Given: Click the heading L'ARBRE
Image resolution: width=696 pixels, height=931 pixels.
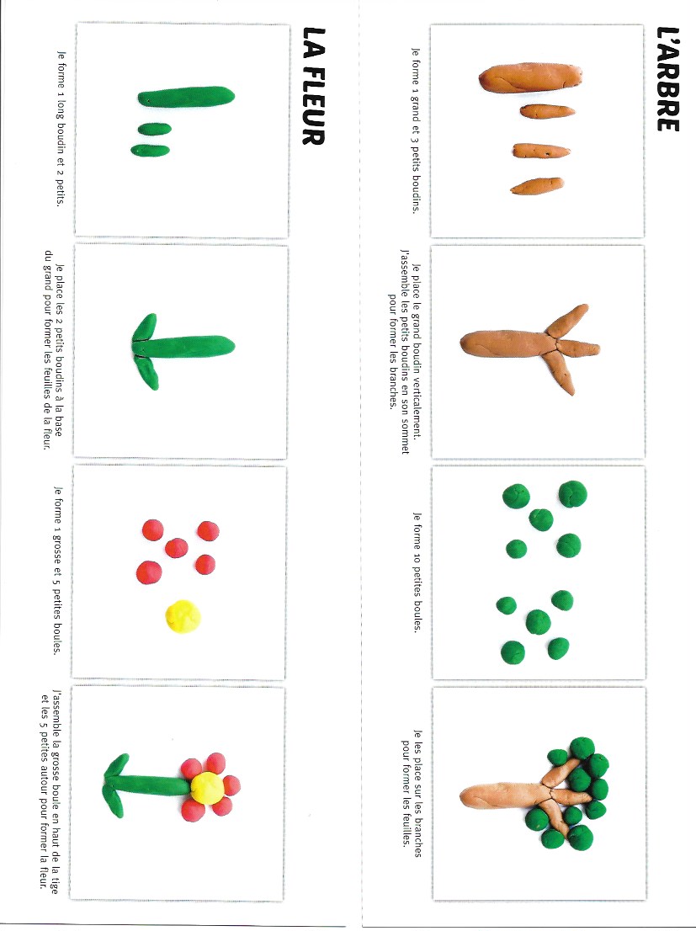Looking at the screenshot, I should [667, 80].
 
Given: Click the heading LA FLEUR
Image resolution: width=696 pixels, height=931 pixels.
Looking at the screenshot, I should [312, 88].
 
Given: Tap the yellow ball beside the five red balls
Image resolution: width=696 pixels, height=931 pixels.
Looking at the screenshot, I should [183, 614].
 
